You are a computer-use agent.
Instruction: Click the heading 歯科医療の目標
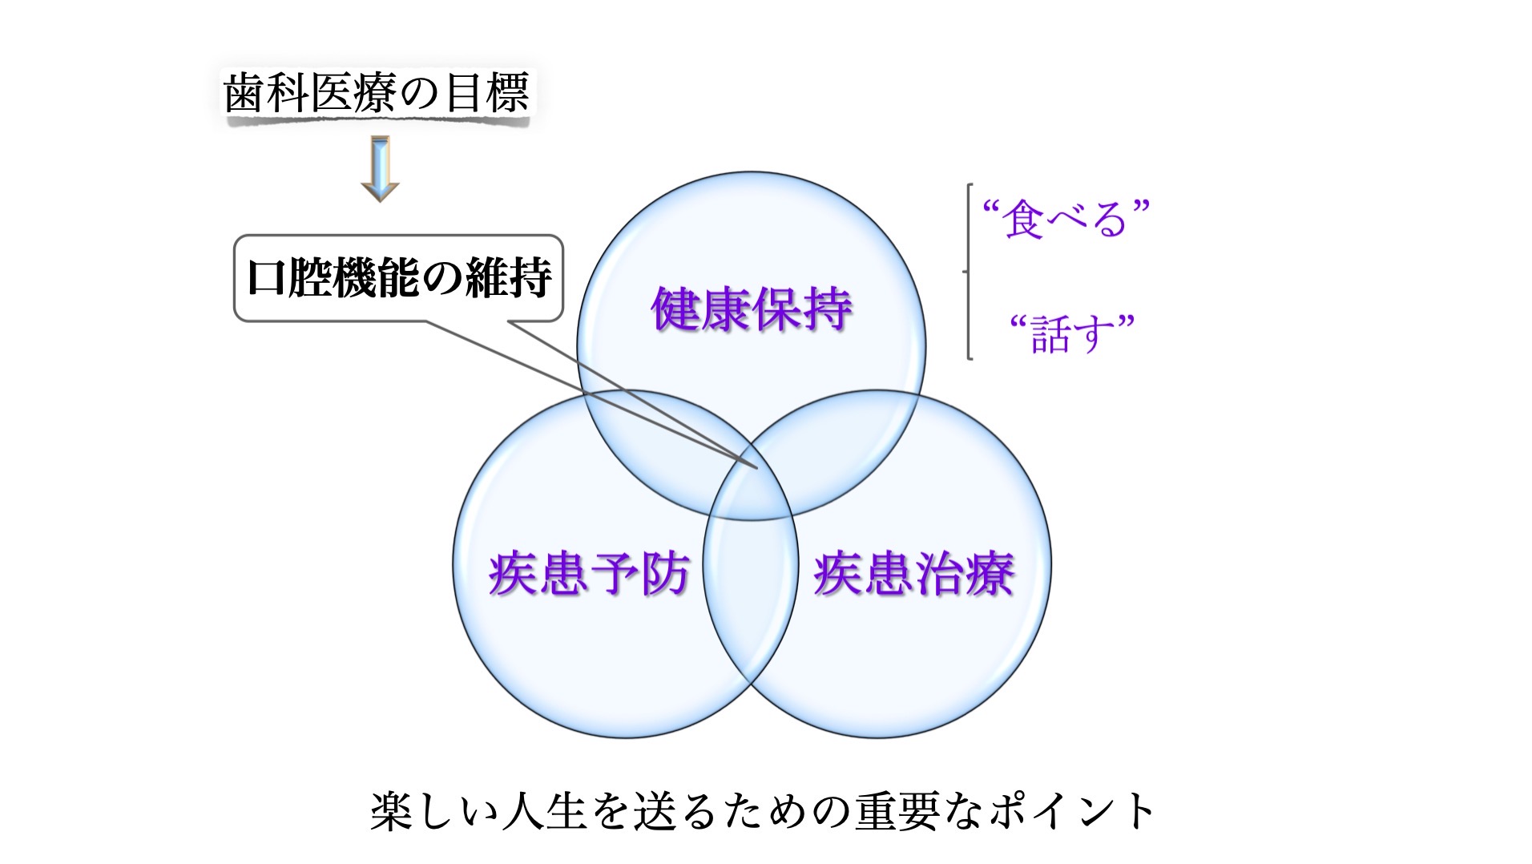tap(376, 93)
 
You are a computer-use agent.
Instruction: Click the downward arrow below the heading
tap(380, 168)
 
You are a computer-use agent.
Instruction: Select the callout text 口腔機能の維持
tap(399, 277)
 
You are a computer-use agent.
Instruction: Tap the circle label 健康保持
tap(751, 309)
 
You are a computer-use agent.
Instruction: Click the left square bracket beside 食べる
tap(968, 272)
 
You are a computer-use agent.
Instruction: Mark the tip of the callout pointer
tap(756, 467)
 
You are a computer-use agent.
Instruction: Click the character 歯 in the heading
tap(244, 93)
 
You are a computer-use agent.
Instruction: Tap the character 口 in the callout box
tap(266, 278)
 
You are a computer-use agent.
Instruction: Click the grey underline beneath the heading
tap(377, 121)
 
